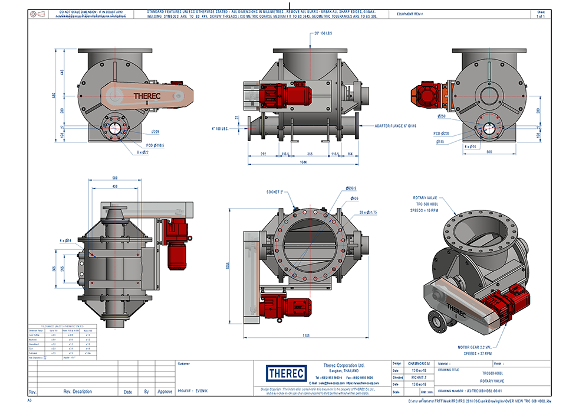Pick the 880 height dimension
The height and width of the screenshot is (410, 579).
click(52, 95)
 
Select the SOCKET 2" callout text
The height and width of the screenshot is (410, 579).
click(275, 192)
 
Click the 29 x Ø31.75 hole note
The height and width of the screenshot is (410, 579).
click(368, 212)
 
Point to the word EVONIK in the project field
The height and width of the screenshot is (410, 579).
click(203, 391)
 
